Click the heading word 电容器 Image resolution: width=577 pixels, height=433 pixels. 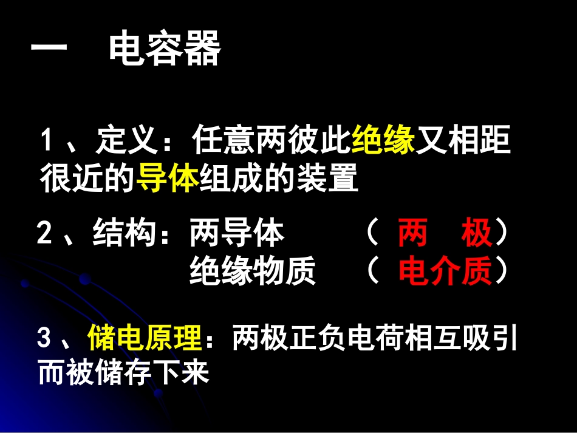(165, 51)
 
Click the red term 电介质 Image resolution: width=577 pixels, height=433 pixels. (445, 272)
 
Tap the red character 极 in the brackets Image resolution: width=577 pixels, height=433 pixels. (476, 234)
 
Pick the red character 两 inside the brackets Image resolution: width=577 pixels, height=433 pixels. (412, 234)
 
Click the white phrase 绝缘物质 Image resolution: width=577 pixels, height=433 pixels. (253, 272)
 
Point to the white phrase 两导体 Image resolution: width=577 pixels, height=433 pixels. (237, 234)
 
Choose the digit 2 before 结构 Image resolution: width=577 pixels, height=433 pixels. (44, 234)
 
